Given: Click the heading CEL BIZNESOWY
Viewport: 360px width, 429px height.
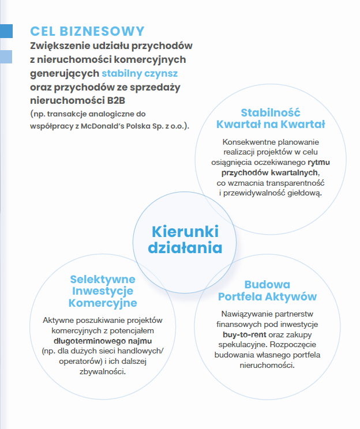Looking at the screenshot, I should [87, 31].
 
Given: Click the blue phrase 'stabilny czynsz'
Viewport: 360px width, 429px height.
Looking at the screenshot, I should [140, 74].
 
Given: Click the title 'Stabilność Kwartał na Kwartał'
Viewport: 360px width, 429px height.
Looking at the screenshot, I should [271, 118].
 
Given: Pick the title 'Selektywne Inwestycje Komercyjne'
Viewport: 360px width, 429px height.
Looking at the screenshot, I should [102, 291].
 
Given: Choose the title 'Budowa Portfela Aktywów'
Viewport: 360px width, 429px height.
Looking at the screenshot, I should [267, 291].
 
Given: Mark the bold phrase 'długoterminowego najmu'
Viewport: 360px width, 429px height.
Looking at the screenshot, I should [102, 340].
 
